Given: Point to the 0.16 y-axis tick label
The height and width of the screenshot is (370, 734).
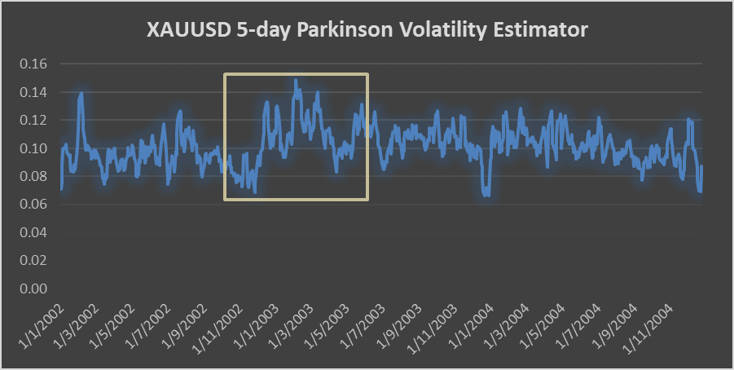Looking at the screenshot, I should coord(33,64).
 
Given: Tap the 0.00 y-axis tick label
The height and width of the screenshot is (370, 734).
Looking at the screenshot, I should coord(33,289).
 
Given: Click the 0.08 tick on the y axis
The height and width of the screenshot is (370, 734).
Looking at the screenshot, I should coord(33,176).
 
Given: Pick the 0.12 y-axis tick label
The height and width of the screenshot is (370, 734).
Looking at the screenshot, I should coord(33,120).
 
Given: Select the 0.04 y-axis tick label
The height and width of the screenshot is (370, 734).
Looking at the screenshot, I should coord(33,232).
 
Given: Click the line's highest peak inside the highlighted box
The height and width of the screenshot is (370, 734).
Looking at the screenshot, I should coord(296,81).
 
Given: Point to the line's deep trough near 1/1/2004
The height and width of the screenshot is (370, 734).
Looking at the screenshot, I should coord(486,194).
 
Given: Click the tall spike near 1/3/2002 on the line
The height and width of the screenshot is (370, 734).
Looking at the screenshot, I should coord(81,95).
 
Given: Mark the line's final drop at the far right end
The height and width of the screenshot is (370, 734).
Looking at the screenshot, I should coord(700,190).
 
